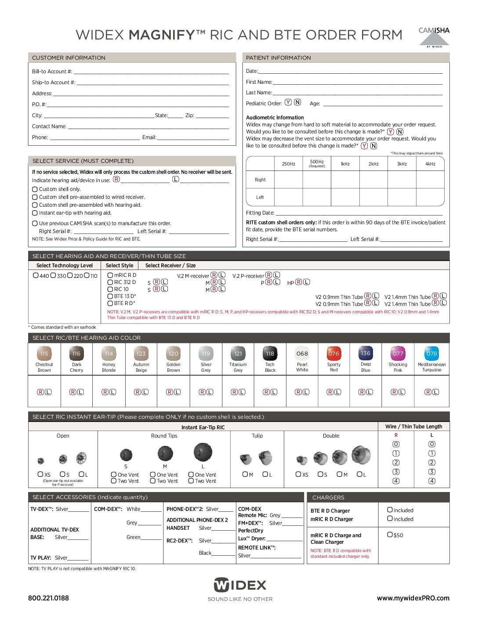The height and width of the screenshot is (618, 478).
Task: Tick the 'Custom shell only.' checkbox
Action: click(x=35, y=189)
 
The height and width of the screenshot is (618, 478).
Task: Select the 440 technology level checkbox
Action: click(x=36, y=276)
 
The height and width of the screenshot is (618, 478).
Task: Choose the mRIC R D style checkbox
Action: click(x=110, y=275)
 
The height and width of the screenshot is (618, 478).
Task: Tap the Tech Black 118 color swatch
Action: click(x=270, y=353)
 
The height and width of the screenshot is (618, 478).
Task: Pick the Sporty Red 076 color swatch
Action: click(x=334, y=353)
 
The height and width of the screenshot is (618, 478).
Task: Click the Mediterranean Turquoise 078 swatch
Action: click(x=431, y=353)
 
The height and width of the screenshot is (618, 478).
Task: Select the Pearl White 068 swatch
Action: click(x=302, y=353)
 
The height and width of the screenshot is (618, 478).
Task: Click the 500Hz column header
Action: click(x=317, y=163)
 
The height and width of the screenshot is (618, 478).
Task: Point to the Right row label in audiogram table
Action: click(x=260, y=180)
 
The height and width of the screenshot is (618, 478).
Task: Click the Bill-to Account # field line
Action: click(x=151, y=72)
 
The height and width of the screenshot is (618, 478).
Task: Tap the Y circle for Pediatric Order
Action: click(x=288, y=102)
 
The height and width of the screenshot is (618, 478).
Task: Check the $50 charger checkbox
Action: click(x=390, y=535)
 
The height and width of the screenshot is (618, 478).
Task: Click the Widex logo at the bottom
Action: click(x=240, y=585)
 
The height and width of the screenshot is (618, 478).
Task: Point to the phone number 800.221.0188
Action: click(x=48, y=598)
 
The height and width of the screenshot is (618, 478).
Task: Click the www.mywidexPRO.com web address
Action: click(x=413, y=598)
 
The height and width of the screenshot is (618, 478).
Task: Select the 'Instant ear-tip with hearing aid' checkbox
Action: click(x=35, y=213)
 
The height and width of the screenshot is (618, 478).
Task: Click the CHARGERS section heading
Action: click(x=328, y=497)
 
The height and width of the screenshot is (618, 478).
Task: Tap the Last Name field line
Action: click(x=357, y=93)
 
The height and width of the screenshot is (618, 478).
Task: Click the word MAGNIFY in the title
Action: click(x=161, y=35)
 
